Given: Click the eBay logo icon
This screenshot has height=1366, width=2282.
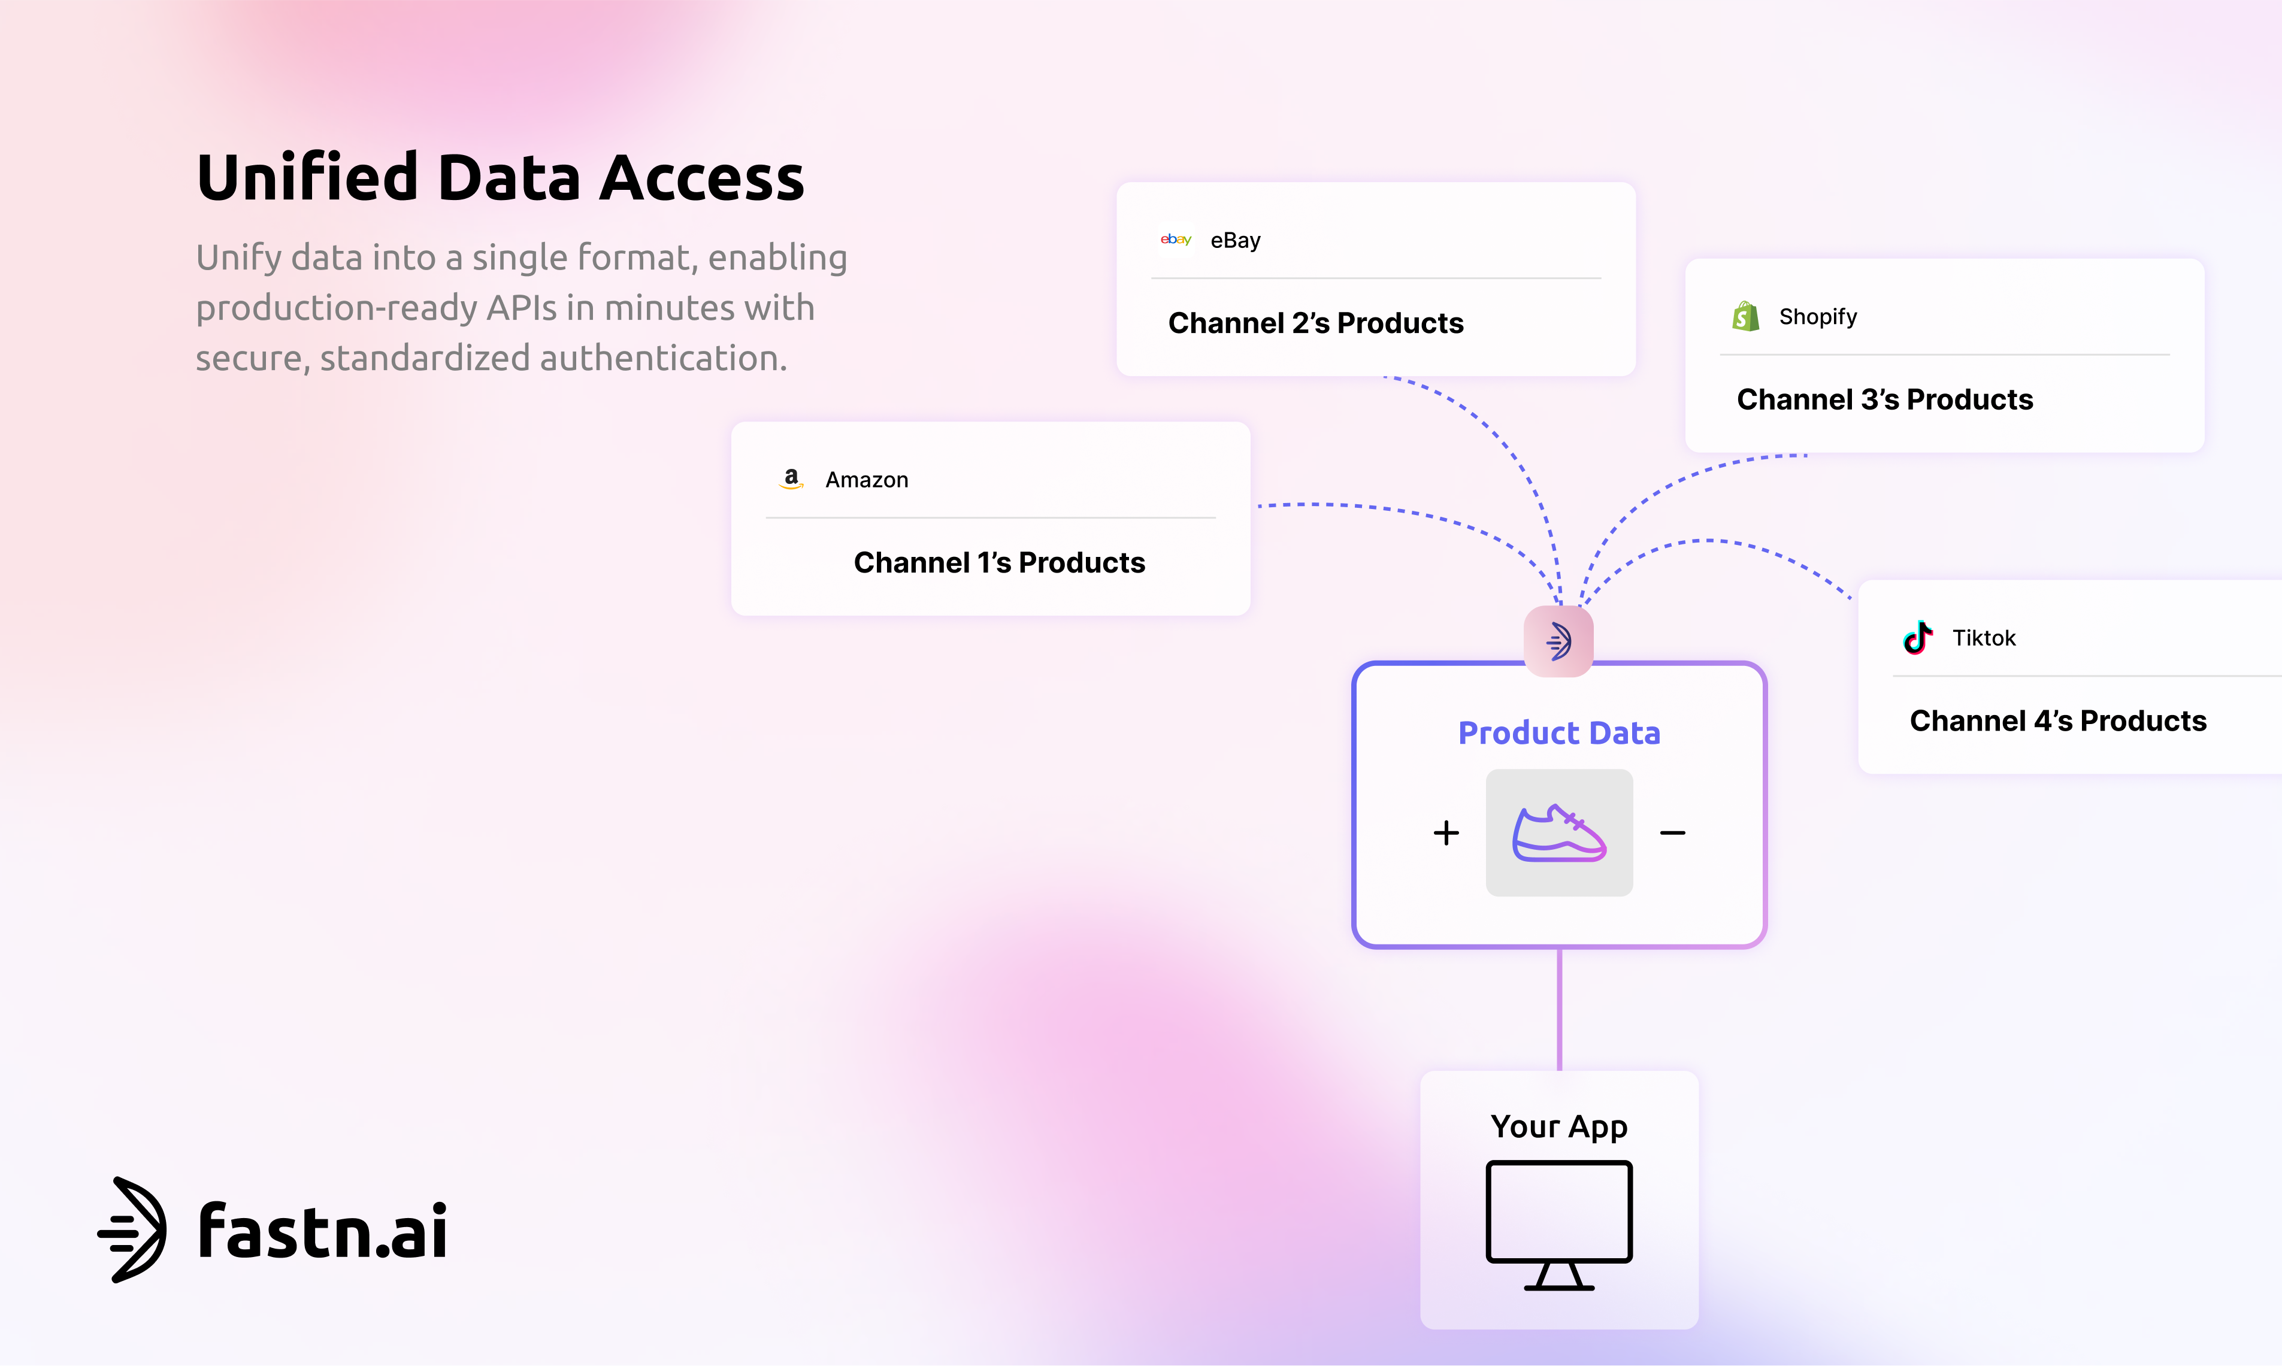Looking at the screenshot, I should [1176, 240].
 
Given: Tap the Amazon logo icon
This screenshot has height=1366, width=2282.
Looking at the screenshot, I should [791, 478].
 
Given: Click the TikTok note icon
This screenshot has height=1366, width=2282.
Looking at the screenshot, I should [1917, 637].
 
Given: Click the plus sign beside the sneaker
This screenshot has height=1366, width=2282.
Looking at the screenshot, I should [1446, 833].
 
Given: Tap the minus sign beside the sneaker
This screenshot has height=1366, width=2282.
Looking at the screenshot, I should [1673, 833].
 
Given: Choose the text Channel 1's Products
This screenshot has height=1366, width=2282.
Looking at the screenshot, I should [999, 562].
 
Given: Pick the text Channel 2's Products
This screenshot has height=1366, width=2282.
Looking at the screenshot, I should [1315, 323].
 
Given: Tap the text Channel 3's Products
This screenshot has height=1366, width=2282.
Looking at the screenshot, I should [1884, 399].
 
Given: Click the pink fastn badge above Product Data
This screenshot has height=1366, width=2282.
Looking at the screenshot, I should [1558, 641].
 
